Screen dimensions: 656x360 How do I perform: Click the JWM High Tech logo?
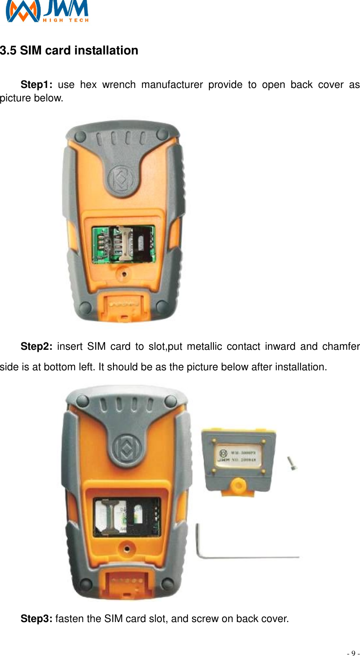pos(47,11)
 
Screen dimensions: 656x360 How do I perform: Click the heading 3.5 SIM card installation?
pos(69,51)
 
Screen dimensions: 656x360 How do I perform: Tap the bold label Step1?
pos(36,85)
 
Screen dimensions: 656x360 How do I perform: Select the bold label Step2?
pos(36,347)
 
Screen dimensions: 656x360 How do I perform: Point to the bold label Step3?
pos(36,619)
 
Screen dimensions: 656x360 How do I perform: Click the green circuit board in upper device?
pos(123,244)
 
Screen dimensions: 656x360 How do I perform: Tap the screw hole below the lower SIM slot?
pos(126,548)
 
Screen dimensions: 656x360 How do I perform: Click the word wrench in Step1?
pos(118,85)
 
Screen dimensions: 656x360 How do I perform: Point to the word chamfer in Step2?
pos(341,347)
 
